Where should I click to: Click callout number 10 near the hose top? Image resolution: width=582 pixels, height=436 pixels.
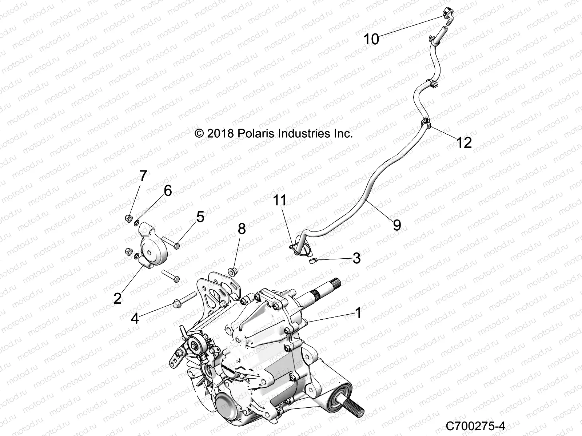[x=371, y=39]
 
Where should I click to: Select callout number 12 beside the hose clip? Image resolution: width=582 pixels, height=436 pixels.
[x=464, y=142]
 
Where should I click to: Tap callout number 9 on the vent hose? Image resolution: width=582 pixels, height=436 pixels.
[x=397, y=225]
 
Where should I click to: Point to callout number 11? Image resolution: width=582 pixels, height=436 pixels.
[x=280, y=200]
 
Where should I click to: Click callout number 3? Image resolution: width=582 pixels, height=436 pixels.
[x=356, y=258]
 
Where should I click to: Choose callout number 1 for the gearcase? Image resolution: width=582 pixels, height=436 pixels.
[x=358, y=312]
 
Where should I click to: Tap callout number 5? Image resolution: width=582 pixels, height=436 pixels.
[x=200, y=217]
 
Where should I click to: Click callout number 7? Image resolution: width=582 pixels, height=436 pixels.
[x=143, y=176]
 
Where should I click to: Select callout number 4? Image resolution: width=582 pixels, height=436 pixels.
[x=135, y=319]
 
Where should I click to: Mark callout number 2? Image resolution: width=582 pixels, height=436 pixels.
[x=117, y=298]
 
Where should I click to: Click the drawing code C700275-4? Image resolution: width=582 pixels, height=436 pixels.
[x=476, y=425]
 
